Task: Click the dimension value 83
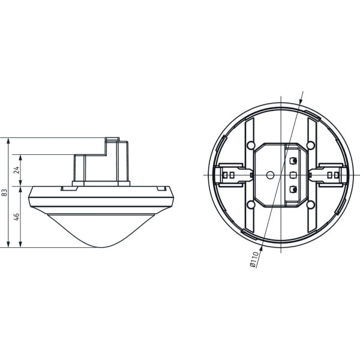pyautogui.click(x=5, y=193)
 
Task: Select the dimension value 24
pyautogui.click(x=17, y=170)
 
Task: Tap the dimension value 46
pyautogui.click(x=17, y=217)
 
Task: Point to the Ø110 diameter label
pyautogui.click(x=254, y=259)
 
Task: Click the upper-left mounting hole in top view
pyautogui.click(x=251, y=145)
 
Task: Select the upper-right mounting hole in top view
pyautogui.click(x=311, y=145)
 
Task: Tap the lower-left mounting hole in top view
pyautogui.click(x=251, y=204)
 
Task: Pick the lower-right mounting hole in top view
pyautogui.click(x=311, y=204)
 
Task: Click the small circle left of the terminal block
pyautogui.click(x=270, y=175)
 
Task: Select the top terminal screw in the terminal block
pyautogui.click(x=293, y=161)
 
